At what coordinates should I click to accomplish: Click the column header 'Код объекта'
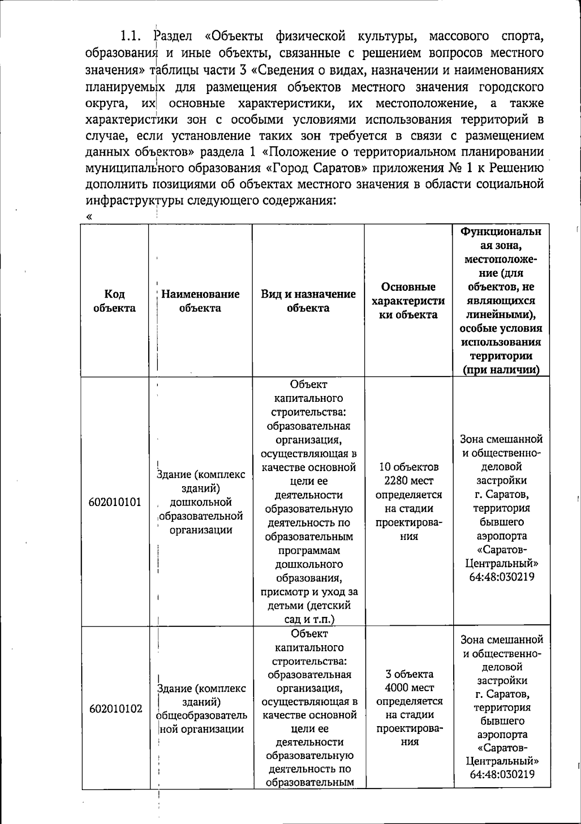[x=115, y=301]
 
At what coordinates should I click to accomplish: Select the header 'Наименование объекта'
[x=200, y=301]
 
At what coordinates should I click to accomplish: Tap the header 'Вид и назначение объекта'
[x=308, y=301]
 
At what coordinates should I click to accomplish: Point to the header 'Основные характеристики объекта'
[x=408, y=301]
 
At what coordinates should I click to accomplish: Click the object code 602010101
[x=115, y=502]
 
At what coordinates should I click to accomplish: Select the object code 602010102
[x=115, y=709]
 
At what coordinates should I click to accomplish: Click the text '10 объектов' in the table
[x=409, y=467]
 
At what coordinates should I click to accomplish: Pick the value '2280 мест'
[x=409, y=481]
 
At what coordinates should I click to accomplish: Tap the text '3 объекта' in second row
[x=410, y=674]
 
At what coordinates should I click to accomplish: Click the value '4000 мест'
[x=410, y=688]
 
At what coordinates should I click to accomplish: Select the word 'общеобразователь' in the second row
[x=202, y=715]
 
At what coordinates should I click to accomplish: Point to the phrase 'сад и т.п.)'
[x=309, y=619]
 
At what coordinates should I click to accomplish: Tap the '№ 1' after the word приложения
[x=456, y=168]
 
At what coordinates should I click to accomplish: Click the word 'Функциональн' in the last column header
[x=501, y=232]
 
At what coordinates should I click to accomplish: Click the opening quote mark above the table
[x=89, y=217]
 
